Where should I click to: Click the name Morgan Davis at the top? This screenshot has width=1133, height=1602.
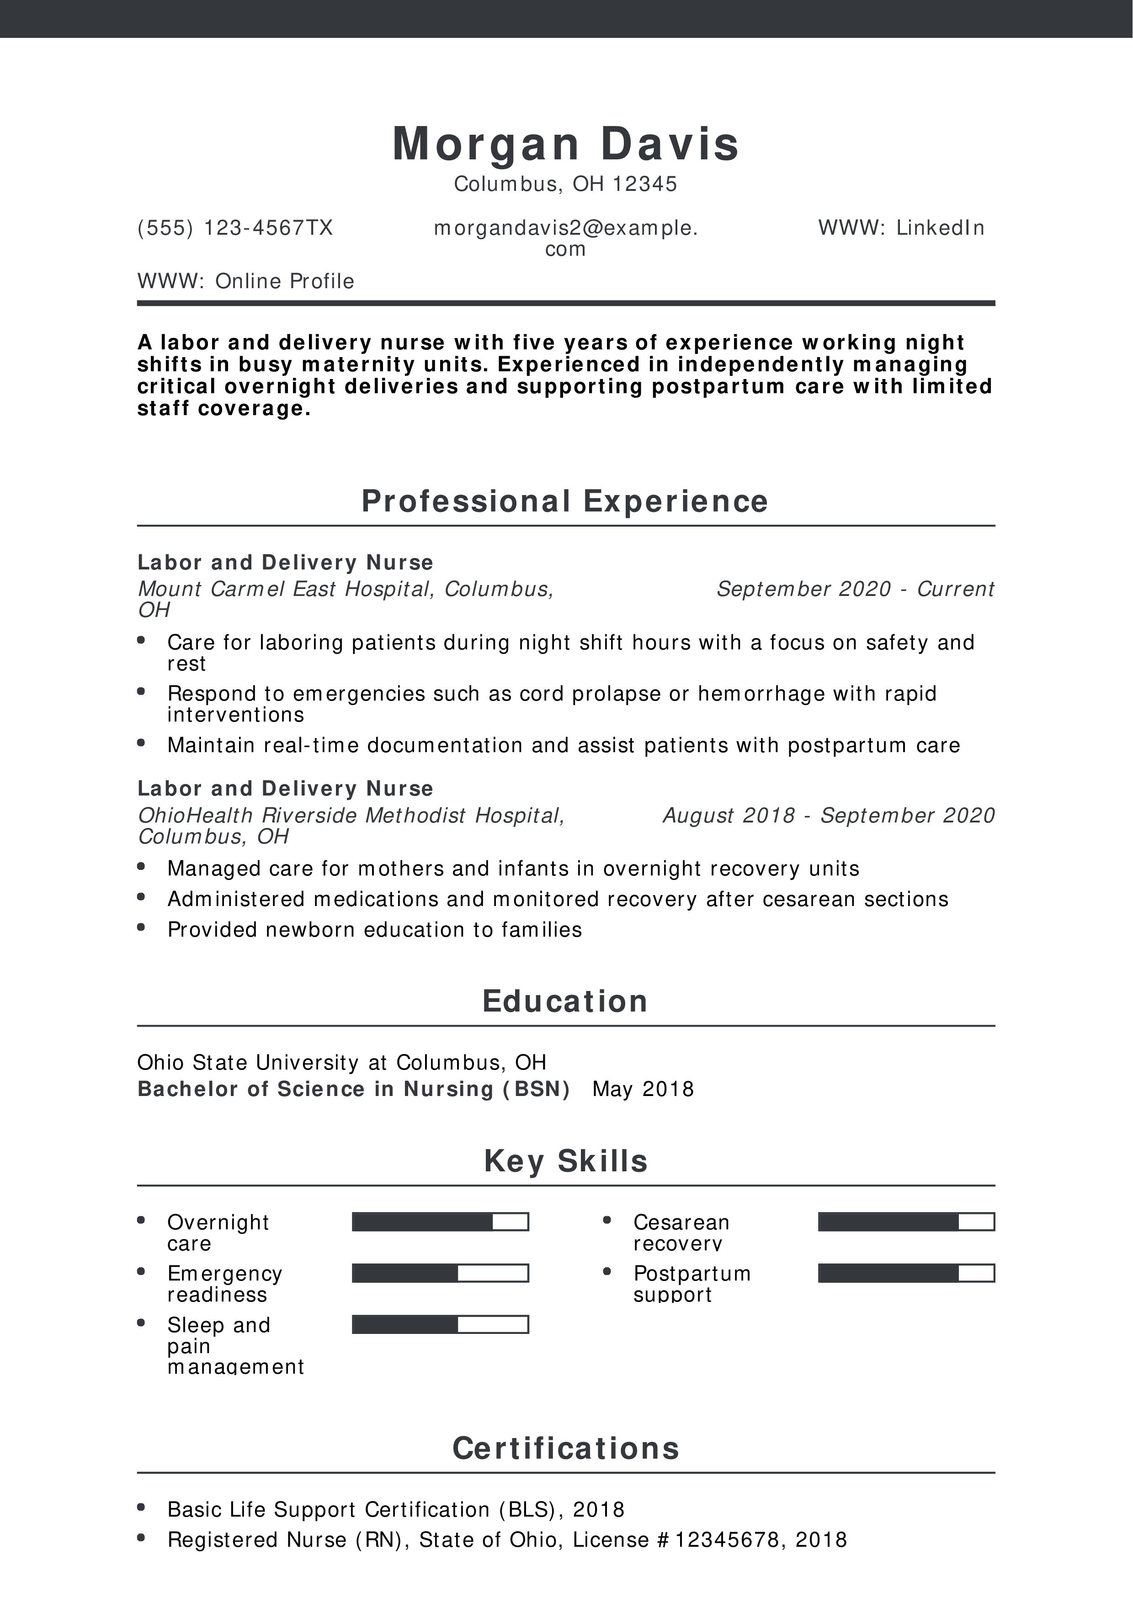click(x=565, y=144)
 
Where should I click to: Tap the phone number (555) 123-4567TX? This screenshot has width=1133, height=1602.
click(x=235, y=228)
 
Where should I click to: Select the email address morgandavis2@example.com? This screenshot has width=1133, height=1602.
click(x=565, y=238)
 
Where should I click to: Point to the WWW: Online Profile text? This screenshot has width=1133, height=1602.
click(x=246, y=281)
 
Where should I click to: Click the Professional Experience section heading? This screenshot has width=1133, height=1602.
click(x=565, y=501)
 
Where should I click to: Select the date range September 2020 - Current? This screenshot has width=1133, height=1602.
click(x=855, y=589)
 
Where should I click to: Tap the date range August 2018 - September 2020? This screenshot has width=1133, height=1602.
click(x=829, y=815)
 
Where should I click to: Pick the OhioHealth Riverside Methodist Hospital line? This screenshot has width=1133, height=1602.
click(x=351, y=816)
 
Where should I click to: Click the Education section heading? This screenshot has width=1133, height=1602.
click(x=565, y=1001)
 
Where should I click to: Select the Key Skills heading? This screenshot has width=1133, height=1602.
click(x=565, y=1161)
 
